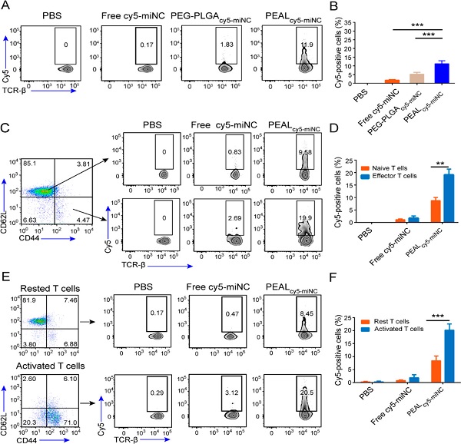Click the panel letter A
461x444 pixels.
pos(5,8)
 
